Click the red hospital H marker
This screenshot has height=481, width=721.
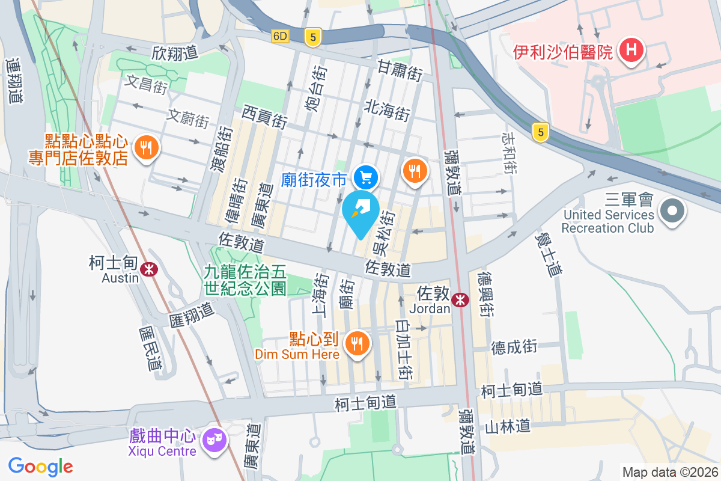(631, 50)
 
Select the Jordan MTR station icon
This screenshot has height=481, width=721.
(461, 299)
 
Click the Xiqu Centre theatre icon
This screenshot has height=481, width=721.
(211, 441)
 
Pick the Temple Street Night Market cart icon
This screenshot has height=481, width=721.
(366, 177)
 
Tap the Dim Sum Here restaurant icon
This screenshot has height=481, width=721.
(357, 344)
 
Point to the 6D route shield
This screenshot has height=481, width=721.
(281, 36)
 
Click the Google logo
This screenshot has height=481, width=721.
(41, 466)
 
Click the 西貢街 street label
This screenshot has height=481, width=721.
(264, 115)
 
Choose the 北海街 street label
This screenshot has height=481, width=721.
(387, 109)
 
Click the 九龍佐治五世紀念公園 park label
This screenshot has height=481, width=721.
(245, 280)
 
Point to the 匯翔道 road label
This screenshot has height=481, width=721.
(192, 311)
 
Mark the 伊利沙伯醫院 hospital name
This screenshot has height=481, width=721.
(562, 52)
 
